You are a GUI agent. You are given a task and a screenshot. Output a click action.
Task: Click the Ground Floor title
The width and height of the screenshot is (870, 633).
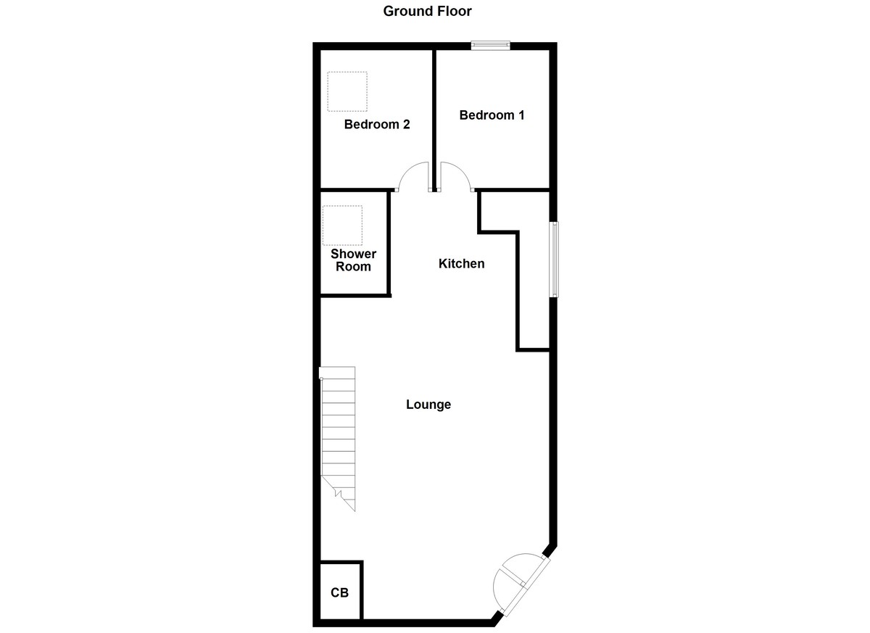(x=428, y=11)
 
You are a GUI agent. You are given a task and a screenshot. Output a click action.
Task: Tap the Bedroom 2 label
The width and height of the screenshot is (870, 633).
(x=376, y=125)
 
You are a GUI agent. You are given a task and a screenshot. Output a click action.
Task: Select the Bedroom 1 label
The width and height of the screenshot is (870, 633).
(x=492, y=115)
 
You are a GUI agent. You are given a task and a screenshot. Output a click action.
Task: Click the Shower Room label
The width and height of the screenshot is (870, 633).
(x=353, y=260)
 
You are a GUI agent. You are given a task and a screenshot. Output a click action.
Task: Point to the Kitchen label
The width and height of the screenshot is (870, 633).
(x=461, y=264)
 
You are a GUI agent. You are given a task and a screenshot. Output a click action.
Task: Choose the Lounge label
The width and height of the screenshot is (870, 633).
(x=428, y=405)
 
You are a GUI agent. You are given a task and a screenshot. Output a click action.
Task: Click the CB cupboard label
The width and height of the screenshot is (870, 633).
(x=340, y=593)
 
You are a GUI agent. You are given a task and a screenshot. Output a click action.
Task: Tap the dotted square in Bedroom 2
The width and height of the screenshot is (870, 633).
(x=347, y=91)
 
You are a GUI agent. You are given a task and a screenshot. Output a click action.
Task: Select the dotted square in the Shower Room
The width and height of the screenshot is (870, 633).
(x=342, y=225)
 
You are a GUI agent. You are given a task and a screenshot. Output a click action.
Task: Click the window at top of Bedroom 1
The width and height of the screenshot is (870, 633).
(x=490, y=46)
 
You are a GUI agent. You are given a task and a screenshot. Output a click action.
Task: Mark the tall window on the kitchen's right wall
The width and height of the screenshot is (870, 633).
(x=555, y=259)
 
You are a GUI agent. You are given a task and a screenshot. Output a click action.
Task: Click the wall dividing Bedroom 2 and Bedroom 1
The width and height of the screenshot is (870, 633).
(x=434, y=116)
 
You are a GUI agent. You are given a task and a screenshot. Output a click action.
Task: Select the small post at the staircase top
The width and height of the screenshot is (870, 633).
(x=321, y=373)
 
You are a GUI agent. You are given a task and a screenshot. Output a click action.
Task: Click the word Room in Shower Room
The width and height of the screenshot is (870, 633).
(x=353, y=267)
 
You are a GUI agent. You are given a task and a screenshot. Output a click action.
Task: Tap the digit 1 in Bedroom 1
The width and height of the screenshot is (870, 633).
(x=521, y=115)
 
